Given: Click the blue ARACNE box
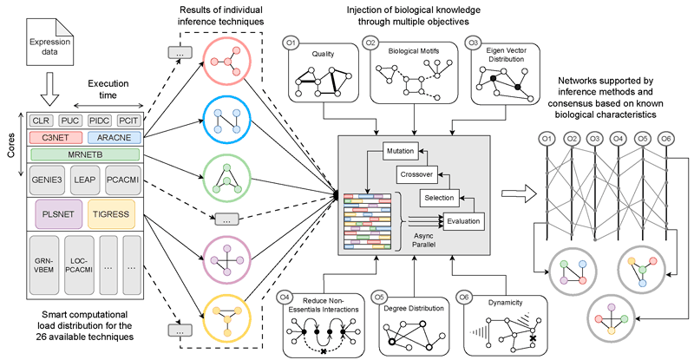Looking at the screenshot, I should coord(111,136).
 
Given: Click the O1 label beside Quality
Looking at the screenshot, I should coord(291,41).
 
